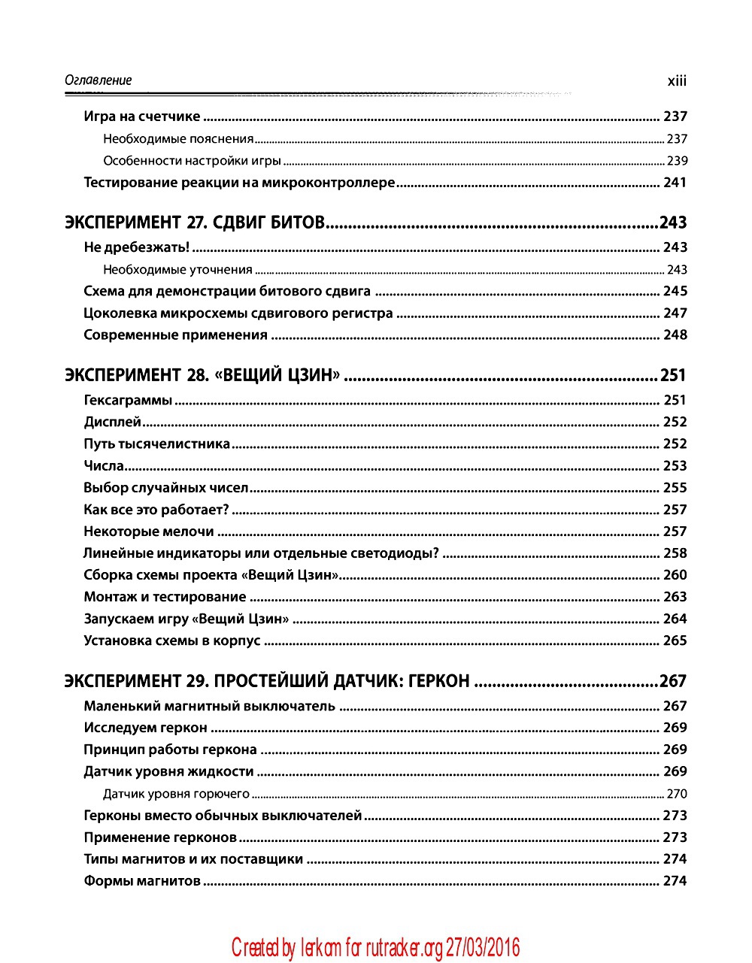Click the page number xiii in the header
tap(677, 81)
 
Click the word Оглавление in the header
tap(99, 80)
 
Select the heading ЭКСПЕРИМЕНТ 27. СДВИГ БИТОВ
tap(195, 223)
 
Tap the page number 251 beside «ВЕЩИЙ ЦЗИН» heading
tap(673, 375)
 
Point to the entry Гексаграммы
tap(128, 401)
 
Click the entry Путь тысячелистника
tap(156, 444)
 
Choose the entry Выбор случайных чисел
tap(165, 488)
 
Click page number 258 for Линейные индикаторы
tap(675, 553)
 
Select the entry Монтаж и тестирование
tap(165, 597)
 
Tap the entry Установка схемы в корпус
tap(172, 640)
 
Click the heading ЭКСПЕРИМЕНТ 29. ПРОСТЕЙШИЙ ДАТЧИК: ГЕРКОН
tap(268, 681)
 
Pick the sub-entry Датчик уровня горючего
tap(176, 794)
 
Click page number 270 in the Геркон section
tap(677, 794)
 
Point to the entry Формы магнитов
tap(142, 881)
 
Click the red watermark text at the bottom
tap(375, 948)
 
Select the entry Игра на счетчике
tap(142, 117)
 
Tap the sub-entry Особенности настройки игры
tap(192, 161)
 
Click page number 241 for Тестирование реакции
tap(675, 183)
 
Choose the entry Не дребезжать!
tap(136, 247)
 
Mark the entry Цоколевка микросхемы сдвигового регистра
tap(238, 313)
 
